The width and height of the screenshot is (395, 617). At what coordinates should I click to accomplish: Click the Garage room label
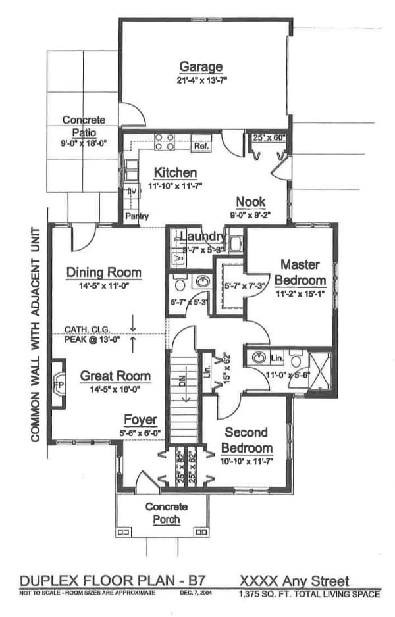(201, 66)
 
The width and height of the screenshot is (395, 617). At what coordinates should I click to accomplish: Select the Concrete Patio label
(84, 126)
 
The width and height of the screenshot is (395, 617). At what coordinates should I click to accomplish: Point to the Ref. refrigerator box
(201, 146)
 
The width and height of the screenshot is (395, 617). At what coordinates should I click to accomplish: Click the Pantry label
(138, 216)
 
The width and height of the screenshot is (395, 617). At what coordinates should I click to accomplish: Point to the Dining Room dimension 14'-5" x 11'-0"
(103, 286)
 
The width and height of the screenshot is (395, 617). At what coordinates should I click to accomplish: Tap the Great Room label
(115, 376)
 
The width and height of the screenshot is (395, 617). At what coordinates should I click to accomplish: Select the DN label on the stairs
(182, 381)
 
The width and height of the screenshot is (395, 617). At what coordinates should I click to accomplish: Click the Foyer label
(141, 420)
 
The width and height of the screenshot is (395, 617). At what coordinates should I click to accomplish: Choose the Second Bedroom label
(246, 440)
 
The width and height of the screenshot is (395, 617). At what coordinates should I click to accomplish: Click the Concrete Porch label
(166, 513)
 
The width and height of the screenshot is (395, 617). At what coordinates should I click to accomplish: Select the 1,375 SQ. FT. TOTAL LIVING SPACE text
(309, 594)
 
